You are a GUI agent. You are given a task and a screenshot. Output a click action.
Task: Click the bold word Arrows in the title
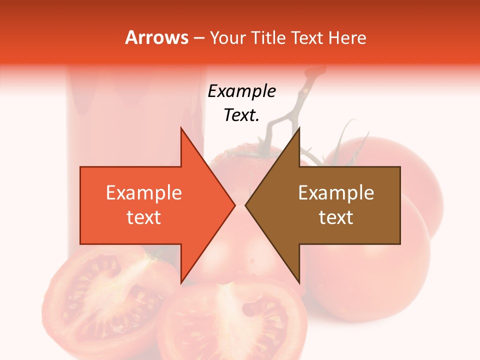[156, 38]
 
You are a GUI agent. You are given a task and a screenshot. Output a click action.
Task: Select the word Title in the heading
[267, 38]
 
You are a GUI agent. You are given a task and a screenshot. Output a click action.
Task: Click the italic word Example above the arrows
[241, 91]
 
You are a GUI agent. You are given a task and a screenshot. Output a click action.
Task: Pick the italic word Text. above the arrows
[241, 115]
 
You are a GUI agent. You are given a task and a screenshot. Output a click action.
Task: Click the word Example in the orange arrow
[143, 193]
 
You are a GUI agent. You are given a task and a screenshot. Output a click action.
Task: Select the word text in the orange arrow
[143, 217]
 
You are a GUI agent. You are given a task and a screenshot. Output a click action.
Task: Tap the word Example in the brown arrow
[336, 193]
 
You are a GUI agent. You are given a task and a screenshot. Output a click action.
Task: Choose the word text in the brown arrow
[336, 217]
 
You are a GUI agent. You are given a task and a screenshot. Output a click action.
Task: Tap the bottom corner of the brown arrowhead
[299, 283]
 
